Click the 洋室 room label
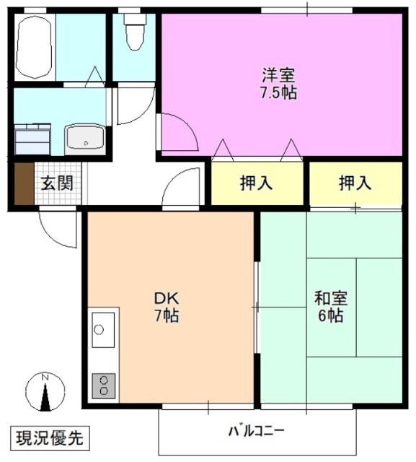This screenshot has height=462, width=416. pos(278,74)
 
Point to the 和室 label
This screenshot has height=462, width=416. pos(329,297)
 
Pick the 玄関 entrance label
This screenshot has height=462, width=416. pos(56,184)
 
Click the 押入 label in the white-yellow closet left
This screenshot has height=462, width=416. pos(256,183)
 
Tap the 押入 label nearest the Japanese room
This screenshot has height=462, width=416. pos(355,183)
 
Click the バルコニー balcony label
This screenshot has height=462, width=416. pos(257,432)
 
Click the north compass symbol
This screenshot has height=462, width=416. pos(45,392)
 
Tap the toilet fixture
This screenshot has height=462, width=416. pos(134,32)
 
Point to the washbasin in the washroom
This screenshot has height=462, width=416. pos(86,138)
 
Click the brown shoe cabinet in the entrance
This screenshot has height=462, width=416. pos(24,184)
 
